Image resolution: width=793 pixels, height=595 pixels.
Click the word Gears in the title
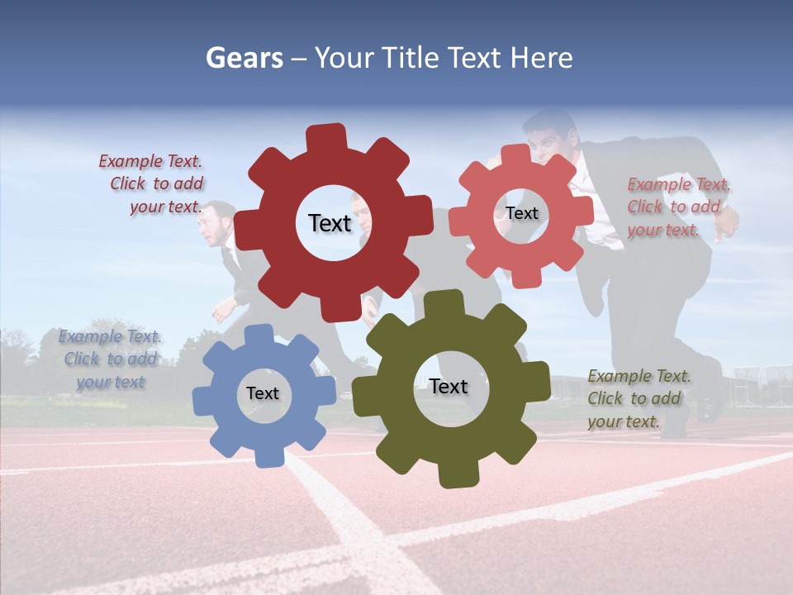pos(244,58)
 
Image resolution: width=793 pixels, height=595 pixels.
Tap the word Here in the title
pos(541,58)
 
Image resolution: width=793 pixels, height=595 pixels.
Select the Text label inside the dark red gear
pos(330,223)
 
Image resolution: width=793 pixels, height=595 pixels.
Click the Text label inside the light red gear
pos(521,213)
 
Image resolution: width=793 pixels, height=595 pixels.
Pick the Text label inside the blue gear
pos(263,393)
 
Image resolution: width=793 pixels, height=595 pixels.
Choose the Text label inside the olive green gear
pos(449,386)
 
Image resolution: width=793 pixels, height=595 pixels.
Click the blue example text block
pos(110,359)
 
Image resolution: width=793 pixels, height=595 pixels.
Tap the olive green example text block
pos(638,398)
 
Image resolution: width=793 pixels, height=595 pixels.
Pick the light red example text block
pos(677,207)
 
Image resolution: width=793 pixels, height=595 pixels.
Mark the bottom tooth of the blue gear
pos(266,456)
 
